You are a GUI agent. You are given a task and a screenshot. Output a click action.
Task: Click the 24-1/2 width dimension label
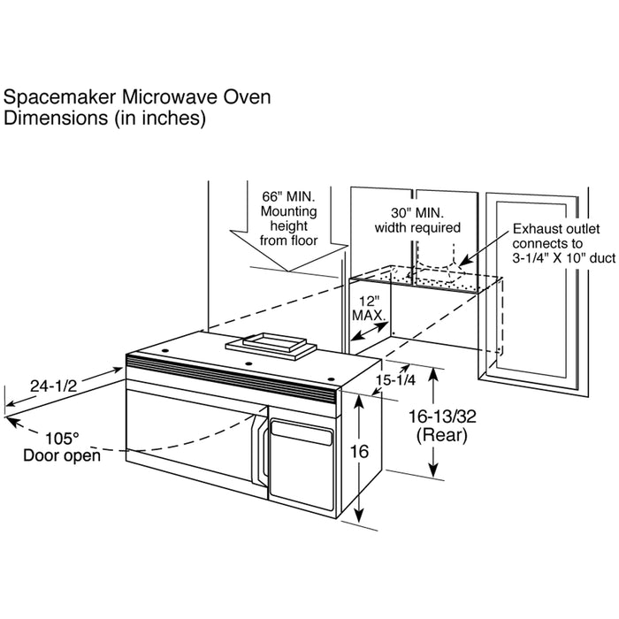54,386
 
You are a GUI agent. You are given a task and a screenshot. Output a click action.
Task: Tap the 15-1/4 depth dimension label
395,380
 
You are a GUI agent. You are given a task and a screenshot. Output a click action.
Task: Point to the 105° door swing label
62,439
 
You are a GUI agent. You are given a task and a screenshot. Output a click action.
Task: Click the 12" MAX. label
369,309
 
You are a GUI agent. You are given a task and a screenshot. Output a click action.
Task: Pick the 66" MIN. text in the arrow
288,196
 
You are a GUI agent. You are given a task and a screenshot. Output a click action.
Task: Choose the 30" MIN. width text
417,213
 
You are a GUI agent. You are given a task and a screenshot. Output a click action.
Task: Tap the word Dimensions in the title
55,118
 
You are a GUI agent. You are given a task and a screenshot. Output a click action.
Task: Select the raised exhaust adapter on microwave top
271,346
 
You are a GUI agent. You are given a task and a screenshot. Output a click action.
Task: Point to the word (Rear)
442,435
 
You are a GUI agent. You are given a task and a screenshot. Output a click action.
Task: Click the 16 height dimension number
359,452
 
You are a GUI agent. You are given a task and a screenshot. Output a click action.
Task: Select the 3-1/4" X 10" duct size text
564,258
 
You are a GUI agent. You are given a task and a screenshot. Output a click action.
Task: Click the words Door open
62,455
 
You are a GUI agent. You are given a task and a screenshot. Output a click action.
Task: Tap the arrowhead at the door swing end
12,423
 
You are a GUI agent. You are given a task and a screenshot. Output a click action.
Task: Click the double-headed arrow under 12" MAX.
370,331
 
